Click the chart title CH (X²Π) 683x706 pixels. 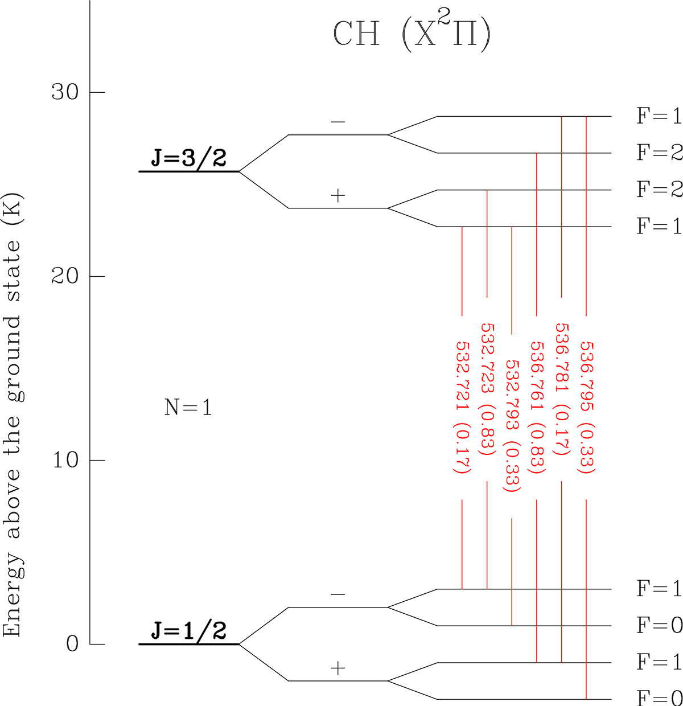click(412, 34)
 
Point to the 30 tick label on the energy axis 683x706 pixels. click(65, 92)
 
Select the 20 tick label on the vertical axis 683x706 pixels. click(65, 276)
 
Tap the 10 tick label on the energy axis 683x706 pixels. click(65, 461)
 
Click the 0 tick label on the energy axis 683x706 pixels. click(72, 645)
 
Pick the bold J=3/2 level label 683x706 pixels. click(188, 158)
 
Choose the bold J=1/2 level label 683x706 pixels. click(188, 630)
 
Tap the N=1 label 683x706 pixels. click(188, 407)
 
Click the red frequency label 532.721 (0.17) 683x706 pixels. click(462, 408)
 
